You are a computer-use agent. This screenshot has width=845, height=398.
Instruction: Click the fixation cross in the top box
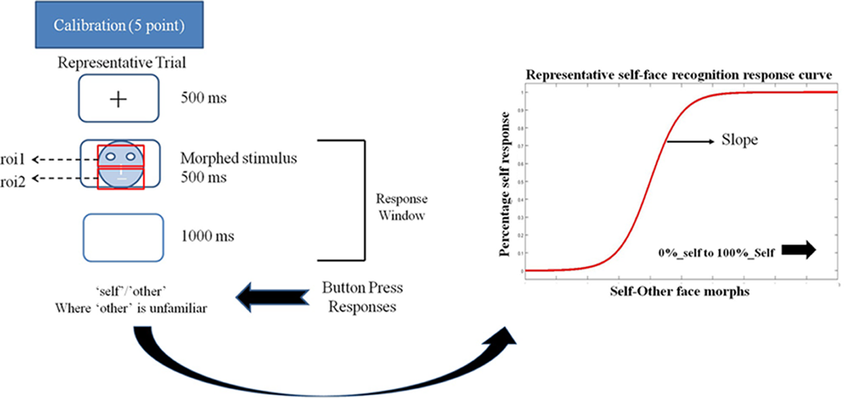point(118,99)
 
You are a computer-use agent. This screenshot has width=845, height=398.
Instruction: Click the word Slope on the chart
point(738,140)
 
